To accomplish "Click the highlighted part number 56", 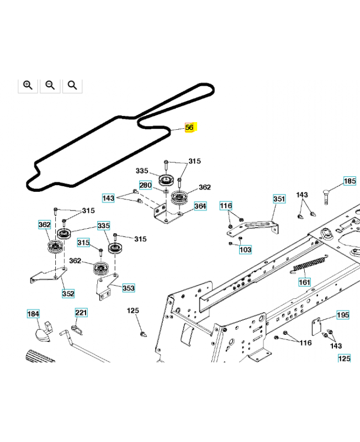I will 189,128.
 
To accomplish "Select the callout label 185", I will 350,181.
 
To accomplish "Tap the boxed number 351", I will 279,199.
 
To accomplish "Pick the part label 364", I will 200,206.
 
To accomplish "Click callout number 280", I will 145,185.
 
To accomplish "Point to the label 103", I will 245,250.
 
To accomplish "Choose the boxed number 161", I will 305,282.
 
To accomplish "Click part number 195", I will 343,315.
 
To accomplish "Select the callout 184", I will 34,314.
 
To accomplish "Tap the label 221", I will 81,313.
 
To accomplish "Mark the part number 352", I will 68,293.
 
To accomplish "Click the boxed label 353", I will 128,288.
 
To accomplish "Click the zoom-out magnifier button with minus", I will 50,85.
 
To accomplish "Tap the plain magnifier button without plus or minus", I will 72,85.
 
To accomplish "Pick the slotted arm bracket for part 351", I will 260,224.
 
